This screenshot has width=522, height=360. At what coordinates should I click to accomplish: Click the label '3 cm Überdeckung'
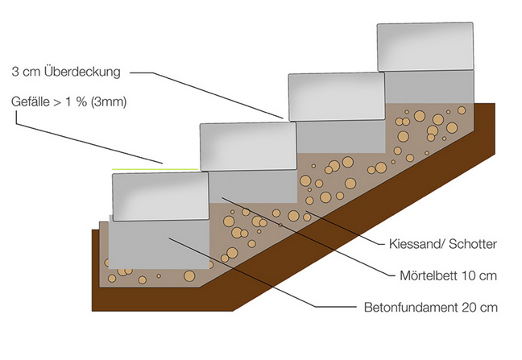tap(66, 72)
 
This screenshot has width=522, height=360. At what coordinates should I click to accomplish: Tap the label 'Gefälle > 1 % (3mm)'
tap(69, 101)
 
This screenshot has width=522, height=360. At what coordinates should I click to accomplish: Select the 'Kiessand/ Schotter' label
tap(443, 244)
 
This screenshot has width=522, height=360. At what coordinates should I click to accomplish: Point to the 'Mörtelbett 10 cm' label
tap(448, 275)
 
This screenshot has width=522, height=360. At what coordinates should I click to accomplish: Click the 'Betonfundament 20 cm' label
tap(431, 307)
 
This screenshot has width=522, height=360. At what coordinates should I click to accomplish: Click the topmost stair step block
tap(425, 47)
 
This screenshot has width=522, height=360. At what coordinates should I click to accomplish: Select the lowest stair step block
tap(160, 197)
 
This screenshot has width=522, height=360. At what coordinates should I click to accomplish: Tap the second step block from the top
tap(337, 97)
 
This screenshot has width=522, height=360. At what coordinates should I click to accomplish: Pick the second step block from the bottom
tap(248, 147)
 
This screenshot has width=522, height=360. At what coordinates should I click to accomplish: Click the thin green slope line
tap(155, 169)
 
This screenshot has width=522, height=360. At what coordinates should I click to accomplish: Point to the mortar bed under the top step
tap(429, 87)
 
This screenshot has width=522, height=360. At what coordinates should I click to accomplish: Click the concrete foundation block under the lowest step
tap(159, 244)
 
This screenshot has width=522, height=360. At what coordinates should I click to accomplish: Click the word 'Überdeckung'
tap(82, 72)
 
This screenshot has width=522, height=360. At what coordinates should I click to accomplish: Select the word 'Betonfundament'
tap(411, 307)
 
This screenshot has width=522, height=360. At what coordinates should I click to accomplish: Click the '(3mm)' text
tap(109, 101)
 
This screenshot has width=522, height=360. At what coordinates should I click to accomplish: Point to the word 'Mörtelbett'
tap(429, 275)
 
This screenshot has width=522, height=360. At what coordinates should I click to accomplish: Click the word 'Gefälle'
tap(31, 101)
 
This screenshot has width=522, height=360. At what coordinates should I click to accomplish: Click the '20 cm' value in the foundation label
tap(480, 307)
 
